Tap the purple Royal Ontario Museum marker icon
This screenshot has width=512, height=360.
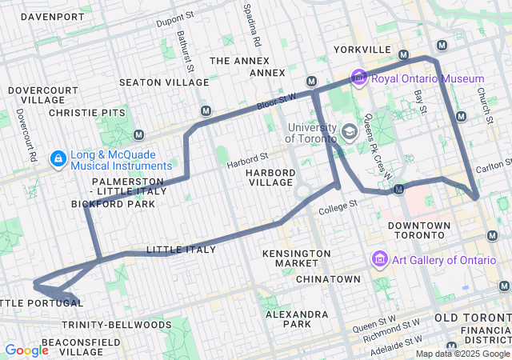click(359, 78)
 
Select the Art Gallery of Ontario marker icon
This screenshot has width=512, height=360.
click(380, 260)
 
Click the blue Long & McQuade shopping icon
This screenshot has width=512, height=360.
click(58, 159)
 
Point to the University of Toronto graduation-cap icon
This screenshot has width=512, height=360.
click(350, 130)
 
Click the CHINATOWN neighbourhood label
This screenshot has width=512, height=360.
click(328, 279)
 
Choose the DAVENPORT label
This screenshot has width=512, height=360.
click(53, 17)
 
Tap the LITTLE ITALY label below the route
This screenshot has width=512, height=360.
click(182, 250)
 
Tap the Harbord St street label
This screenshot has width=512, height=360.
click(246, 162)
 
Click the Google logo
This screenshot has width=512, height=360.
click(27, 350)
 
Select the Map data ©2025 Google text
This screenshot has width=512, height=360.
click(462, 354)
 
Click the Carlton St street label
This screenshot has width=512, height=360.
click(492, 169)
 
